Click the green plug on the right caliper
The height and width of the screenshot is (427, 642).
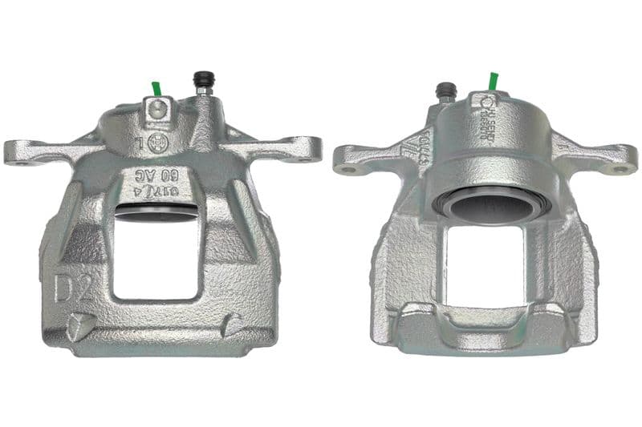click(494, 82)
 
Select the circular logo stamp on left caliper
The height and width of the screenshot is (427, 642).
click(154, 145)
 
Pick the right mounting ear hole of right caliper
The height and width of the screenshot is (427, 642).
click(620, 168)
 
